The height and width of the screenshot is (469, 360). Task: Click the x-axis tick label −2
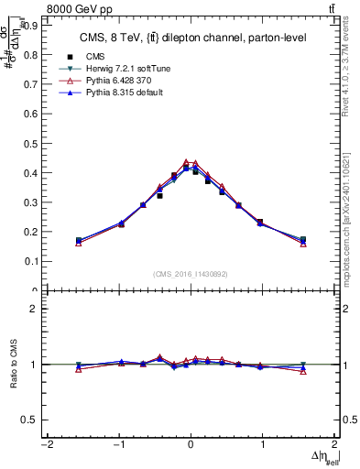pyautogui.click(x=46, y=444)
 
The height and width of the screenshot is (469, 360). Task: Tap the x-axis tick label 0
pyautogui.click(x=191, y=444)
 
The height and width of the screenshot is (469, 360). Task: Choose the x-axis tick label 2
pyautogui.click(x=335, y=444)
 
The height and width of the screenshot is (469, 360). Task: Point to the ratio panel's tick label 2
pyautogui.click(x=34, y=309)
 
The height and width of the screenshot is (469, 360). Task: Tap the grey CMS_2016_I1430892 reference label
pyautogui.click(x=191, y=274)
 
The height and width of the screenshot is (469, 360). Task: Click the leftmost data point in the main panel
pyautogui.click(x=79, y=241)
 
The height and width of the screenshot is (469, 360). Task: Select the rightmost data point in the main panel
pyautogui.click(x=303, y=240)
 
